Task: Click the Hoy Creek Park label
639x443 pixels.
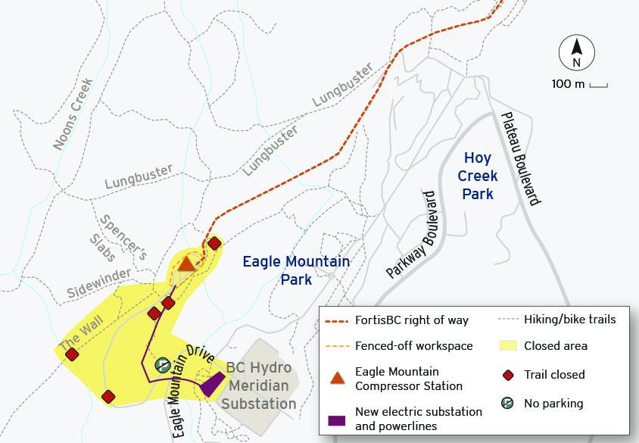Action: click(479, 176)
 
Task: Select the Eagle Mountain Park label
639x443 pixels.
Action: click(296, 270)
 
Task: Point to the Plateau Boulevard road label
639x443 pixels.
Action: click(520, 159)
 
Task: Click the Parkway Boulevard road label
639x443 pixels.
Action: click(413, 234)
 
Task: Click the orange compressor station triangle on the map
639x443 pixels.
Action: click(187, 264)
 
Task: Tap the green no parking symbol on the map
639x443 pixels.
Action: click(162, 365)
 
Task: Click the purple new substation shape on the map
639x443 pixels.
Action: click(213, 385)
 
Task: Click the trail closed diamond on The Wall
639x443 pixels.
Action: click(72, 354)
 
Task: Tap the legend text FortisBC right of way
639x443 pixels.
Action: click(412, 320)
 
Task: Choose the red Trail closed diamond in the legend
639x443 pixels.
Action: click(509, 374)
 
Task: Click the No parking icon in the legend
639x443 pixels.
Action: click(509, 403)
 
